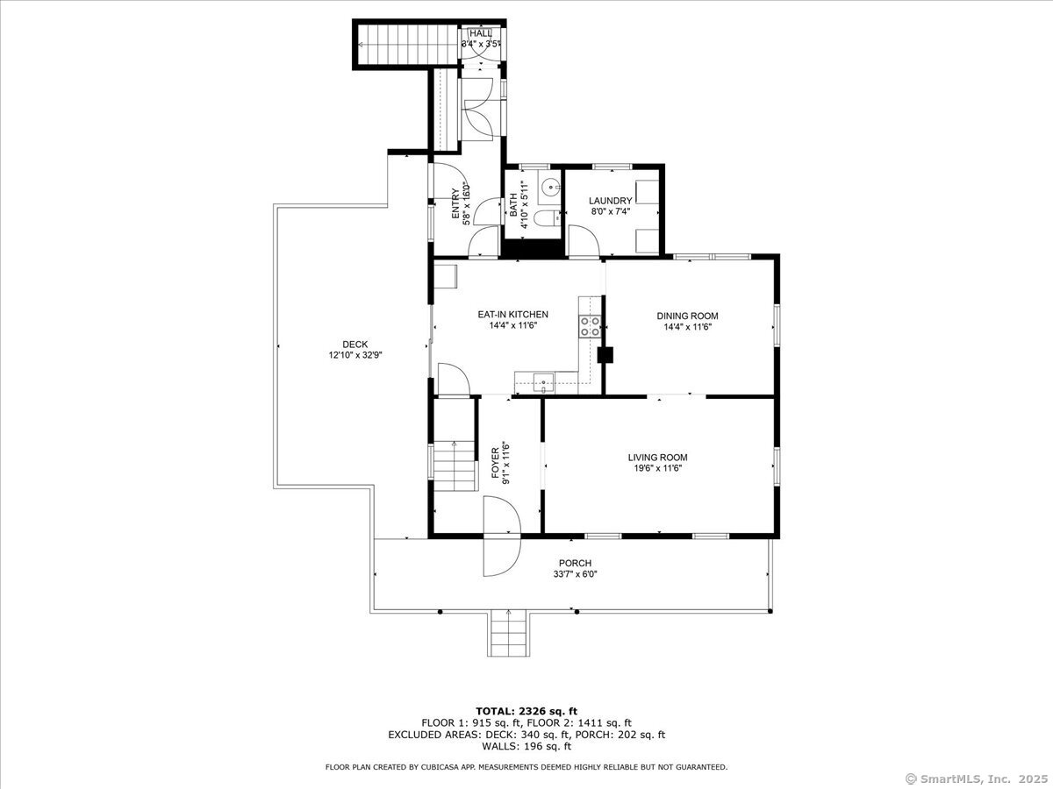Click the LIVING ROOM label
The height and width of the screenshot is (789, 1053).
(x=657, y=457)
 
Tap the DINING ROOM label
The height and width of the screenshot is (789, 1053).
(x=687, y=316)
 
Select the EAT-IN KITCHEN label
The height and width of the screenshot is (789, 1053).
(x=512, y=314)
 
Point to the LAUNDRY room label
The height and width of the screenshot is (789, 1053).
(x=610, y=201)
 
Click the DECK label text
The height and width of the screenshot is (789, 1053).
(x=355, y=345)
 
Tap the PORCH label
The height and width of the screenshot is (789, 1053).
(x=575, y=563)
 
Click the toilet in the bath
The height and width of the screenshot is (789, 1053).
(x=546, y=220)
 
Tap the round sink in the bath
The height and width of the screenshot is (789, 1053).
(x=549, y=186)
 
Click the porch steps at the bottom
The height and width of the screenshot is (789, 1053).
(x=508, y=633)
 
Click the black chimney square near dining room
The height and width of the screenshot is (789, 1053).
(x=605, y=355)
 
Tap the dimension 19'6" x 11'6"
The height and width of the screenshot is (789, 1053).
(x=657, y=468)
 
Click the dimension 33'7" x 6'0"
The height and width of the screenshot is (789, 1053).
(x=575, y=574)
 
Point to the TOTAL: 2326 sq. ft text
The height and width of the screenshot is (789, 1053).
(x=526, y=710)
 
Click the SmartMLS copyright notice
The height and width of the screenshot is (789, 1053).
(x=976, y=778)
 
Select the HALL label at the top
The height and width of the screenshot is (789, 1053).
(x=480, y=32)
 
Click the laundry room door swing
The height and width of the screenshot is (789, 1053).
(x=581, y=242)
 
